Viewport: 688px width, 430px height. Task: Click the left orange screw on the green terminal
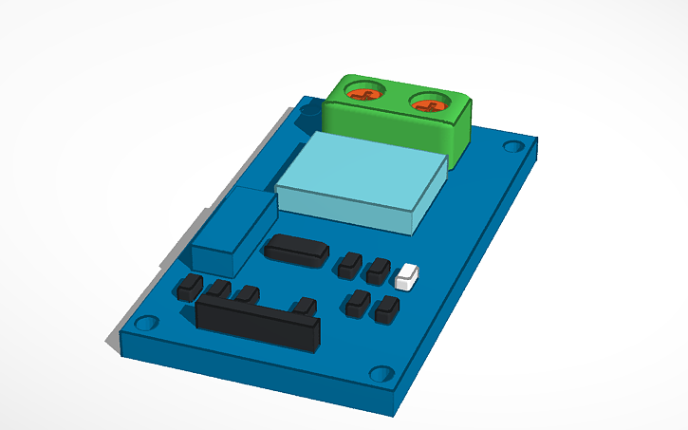tap(364, 93)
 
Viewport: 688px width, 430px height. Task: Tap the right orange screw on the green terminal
tap(429, 101)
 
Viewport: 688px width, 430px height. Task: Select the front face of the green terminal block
tap(389, 127)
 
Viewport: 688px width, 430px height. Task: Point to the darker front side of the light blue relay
tap(346, 214)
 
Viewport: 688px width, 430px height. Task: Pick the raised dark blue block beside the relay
tap(228, 233)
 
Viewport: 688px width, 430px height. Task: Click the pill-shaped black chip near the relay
tap(297, 249)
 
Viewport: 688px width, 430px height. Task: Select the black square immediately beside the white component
tap(380, 271)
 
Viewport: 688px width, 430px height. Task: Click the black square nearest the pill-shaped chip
tap(350, 264)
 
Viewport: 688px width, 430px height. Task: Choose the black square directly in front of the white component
tap(387, 309)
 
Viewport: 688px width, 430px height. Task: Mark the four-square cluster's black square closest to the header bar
tap(358, 305)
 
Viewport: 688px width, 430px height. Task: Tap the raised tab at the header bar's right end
tap(305, 306)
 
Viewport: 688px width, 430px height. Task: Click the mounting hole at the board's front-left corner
tap(145, 324)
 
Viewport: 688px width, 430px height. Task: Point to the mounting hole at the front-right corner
tap(381, 372)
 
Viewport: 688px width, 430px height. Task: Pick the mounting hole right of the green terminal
tap(513, 147)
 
